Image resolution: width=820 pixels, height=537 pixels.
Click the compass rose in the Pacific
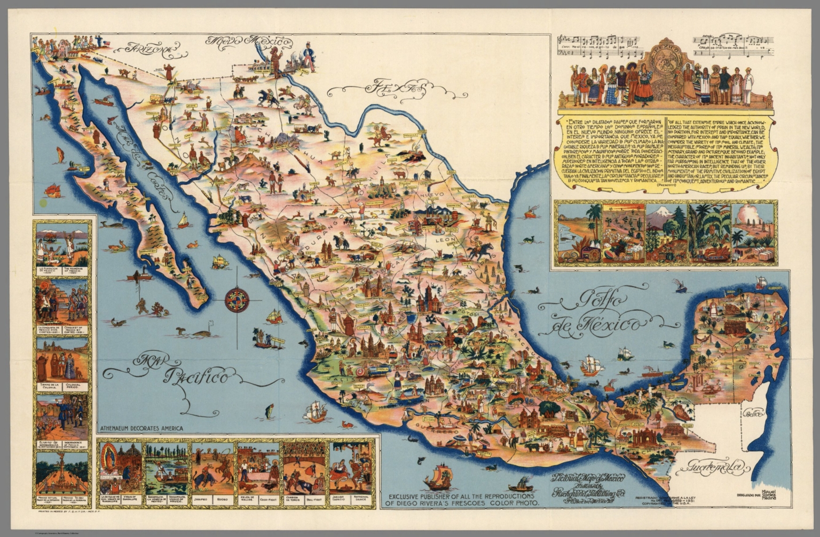tap(236, 301)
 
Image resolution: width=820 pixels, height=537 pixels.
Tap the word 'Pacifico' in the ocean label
tap(199, 378)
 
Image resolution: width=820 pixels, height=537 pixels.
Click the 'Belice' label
tap(754, 413)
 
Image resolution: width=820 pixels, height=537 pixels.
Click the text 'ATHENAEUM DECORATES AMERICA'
tap(141, 428)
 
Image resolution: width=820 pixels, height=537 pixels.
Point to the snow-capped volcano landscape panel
tap(666, 233)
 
